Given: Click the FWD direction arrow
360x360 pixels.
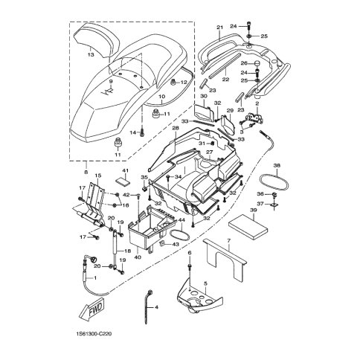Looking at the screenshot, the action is (x=93, y=310).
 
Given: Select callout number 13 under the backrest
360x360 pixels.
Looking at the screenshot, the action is (x=91, y=54).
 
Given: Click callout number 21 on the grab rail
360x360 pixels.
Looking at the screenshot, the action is (x=220, y=28).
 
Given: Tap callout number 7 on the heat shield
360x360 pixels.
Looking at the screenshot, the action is (x=228, y=240).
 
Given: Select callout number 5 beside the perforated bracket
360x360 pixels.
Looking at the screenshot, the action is (x=205, y=283).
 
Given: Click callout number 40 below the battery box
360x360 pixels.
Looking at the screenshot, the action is (x=138, y=257).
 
